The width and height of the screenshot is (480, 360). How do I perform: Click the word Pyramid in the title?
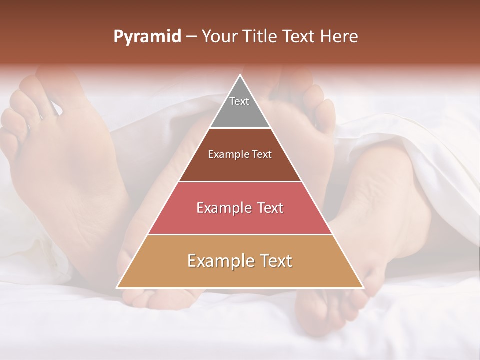point(147,37)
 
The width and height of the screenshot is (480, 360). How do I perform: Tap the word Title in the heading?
point(262,37)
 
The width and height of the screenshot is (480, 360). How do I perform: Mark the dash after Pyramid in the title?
point(191,37)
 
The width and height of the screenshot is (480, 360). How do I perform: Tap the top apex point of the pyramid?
point(240,75)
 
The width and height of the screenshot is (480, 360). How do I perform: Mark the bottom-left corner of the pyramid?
point(117,287)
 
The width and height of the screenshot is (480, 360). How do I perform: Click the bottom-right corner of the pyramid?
point(363,287)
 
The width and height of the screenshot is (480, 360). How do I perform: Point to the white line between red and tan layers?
point(240,235)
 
